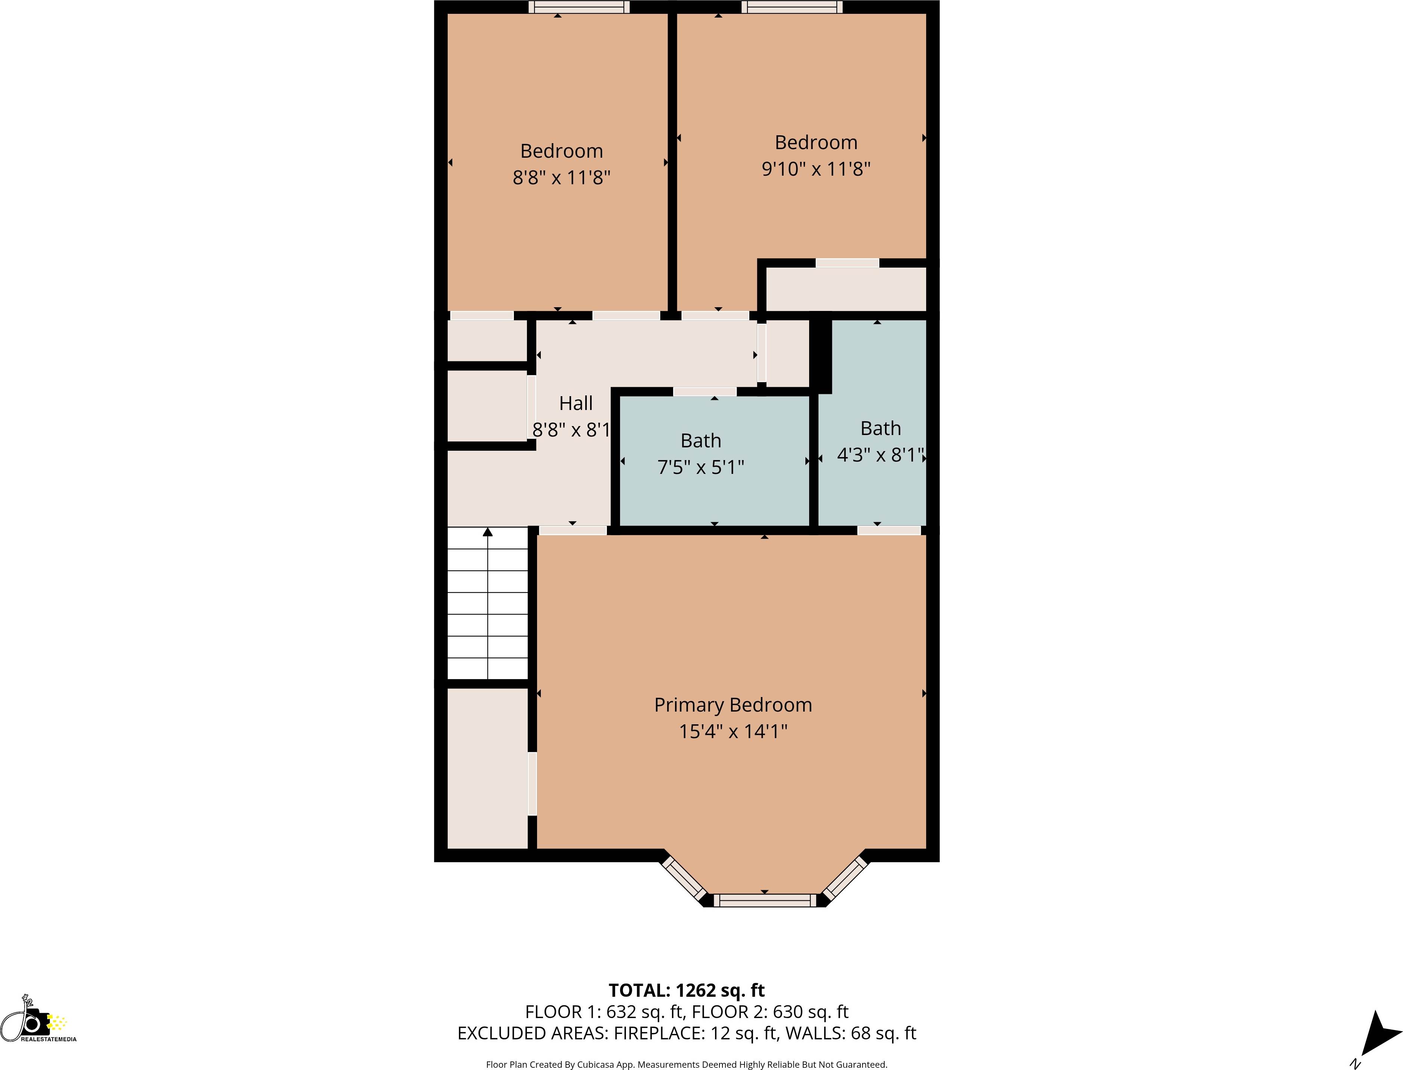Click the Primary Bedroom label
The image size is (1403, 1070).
(733, 705)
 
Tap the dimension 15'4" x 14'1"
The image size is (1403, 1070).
(733, 731)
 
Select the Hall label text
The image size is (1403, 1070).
(576, 403)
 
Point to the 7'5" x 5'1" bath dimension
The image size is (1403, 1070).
(700, 468)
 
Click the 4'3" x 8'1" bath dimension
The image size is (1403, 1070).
(880, 455)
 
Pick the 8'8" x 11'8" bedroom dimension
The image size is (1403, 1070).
(561, 177)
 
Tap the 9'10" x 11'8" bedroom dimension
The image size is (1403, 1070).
(816, 169)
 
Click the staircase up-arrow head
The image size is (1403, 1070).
(488, 532)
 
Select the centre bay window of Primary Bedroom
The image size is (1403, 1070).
(764, 900)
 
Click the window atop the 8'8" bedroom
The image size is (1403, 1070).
(579, 7)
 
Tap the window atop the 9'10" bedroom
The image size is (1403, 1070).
(792, 7)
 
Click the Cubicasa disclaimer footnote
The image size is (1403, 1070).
(687, 1065)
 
